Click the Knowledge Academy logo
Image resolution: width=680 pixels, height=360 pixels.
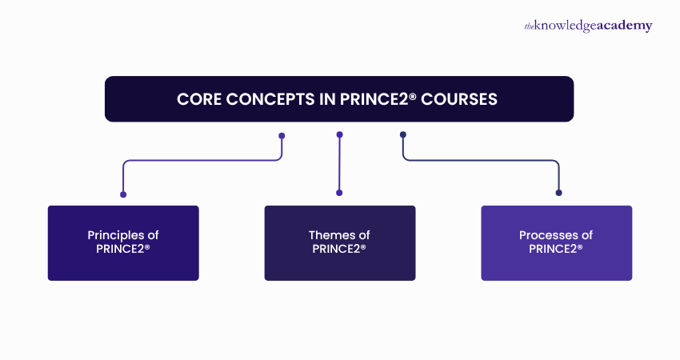pyautogui.click(x=588, y=26)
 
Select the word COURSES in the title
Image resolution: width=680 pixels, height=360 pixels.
pyautogui.click(x=460, y=100)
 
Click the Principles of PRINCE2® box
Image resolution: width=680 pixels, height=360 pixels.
pyautogui.click(x=123, y=243)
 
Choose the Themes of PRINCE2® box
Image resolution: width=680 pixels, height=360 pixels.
pyautogui.click(x=340, y=243)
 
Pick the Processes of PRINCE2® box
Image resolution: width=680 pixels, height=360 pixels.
pyautogui.click(x=556, y=243)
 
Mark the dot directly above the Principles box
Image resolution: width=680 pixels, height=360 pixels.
pyautogui.click(x=123, y=193)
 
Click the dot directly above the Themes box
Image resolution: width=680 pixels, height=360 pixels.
pyautogui.click(x=340, y=193)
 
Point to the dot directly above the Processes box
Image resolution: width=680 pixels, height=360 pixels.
pyautogui.click(x=558, y=193)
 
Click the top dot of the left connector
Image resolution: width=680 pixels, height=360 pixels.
pyautogui.click(x=282, y=135)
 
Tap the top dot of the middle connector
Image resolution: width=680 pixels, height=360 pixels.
pyautogui.click(x=340, y=134)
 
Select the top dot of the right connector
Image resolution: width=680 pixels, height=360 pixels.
pyautogui.click(x=402, y=134)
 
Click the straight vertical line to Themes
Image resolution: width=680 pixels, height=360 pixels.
pyautogui.click(x=340, y=164)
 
